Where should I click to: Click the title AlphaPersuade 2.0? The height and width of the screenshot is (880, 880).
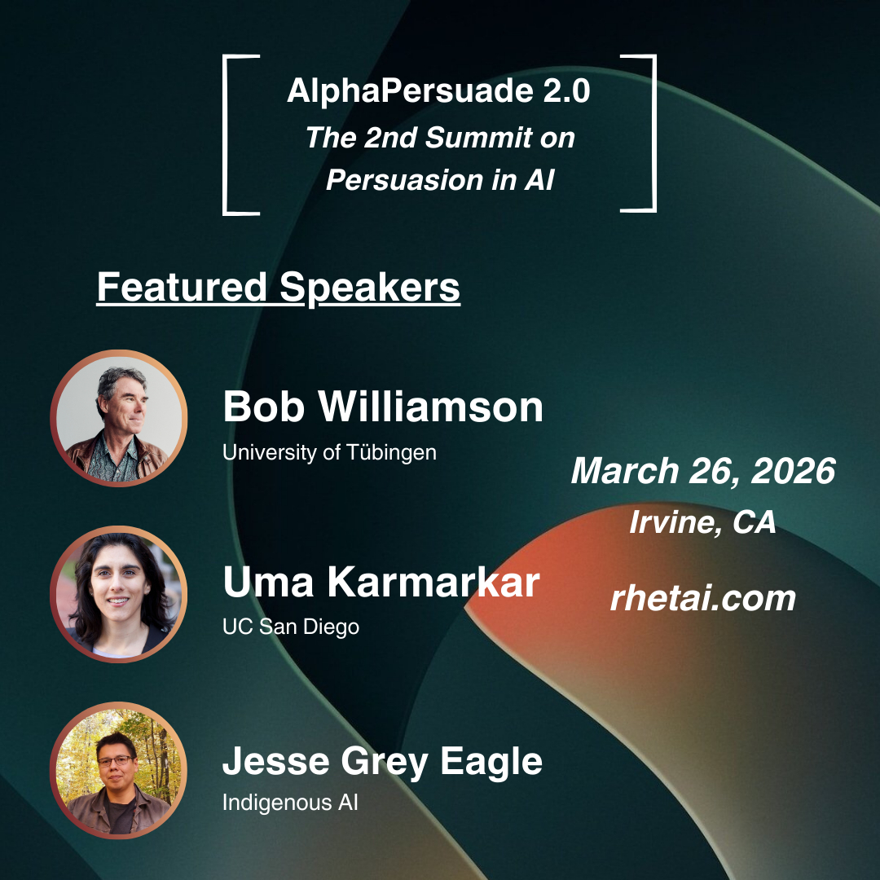click(x=438, y=91)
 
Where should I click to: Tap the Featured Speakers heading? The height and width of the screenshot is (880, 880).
click(x=279, y=288)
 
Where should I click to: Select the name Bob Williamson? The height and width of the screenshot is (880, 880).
click(x=383, y=407)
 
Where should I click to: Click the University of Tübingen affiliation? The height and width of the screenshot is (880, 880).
click(x=329, y=452)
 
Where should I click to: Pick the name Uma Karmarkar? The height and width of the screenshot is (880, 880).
click(x=381, y=582)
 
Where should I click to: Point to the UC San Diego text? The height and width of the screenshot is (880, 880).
click(x=291, y=627)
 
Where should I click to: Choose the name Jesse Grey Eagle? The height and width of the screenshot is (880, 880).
click(x=382, y=762)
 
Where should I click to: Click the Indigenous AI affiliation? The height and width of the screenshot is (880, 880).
click(x=290, y=802)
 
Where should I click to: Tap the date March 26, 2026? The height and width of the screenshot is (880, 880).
click(x=703, y=470)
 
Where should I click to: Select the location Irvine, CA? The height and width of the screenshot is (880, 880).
click(x=702, y=522)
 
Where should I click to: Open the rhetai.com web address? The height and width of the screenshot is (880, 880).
click(x=703, y=598)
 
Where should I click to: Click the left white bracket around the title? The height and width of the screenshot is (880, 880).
click(x=226, y=134)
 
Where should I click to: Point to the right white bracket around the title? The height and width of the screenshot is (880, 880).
click(x=653, y=133)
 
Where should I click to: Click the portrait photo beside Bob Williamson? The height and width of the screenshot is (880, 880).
click(x=118, y=418)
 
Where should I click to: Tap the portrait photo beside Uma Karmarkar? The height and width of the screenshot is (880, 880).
click(x=118, y=594)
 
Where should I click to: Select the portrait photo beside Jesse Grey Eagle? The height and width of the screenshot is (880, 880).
click(x=118, y=770)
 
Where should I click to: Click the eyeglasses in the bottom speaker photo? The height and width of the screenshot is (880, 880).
click(x=117, y=761)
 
